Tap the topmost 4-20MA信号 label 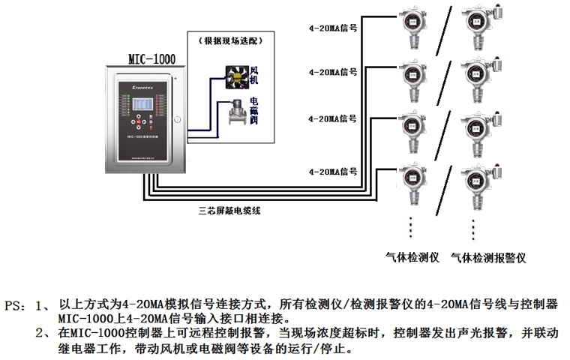point(331,26)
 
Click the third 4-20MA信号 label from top point(331,118)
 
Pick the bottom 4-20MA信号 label point(331,171)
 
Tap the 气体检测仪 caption point(411,257)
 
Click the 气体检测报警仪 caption point(488,257)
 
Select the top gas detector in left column point(412,28)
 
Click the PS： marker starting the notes point(20,307)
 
